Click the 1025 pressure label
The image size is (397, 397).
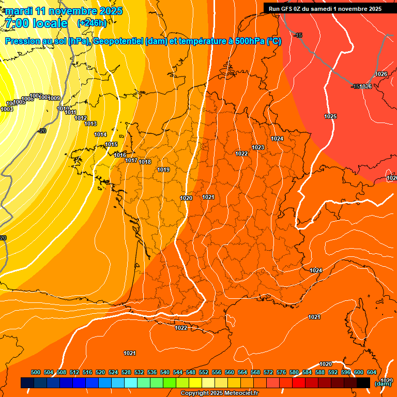[x=330, y=116]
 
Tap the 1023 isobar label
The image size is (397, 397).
[x=258, y=147]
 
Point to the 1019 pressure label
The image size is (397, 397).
[x=163, y=170]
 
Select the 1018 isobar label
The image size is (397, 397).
[x=145, y=162]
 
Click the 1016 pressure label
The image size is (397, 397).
[x=120, y=155]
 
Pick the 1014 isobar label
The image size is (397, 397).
[x=100, y=134]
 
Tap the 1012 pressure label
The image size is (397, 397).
[x=81, y=118]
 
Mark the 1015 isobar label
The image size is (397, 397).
[x=111, y=144]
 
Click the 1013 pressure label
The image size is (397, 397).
[x=90, y=124]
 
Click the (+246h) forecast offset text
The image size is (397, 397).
[x=91, y=23]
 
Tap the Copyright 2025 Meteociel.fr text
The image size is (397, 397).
[x=219, y=393]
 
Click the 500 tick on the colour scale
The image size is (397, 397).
[x=36, y=372]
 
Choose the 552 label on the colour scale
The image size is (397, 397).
[x=204, y=372]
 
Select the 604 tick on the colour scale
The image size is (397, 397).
[x=372, y=372]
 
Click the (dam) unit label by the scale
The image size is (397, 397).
[x=383, y=383]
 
